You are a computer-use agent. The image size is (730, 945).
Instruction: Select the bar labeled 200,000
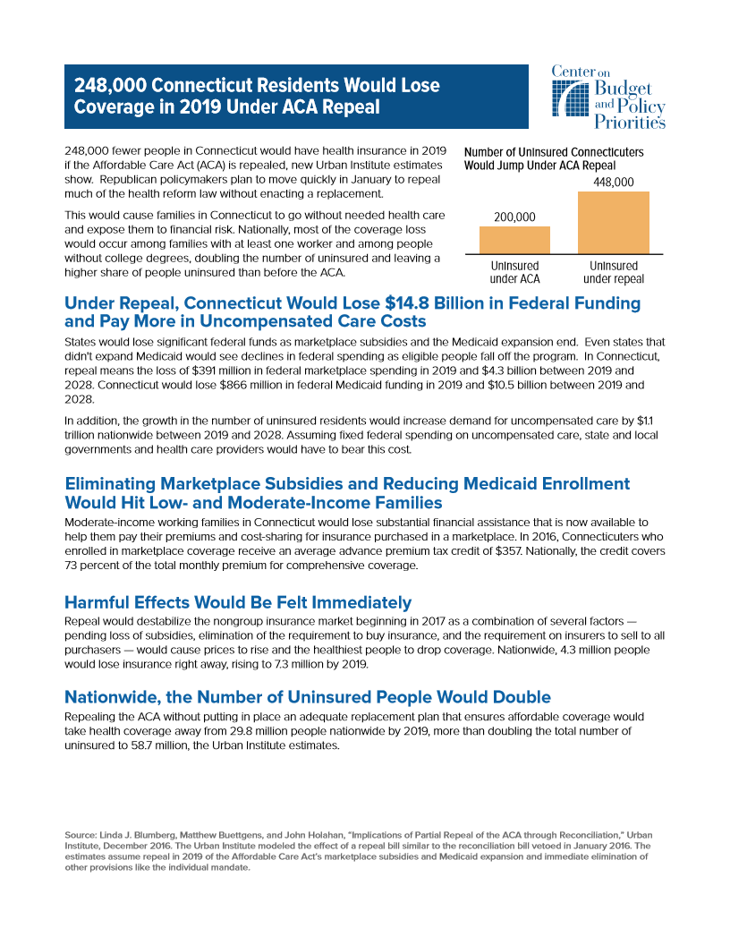click(x=514, y=240)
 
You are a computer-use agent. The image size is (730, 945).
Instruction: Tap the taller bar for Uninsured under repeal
click(x=614, y=224)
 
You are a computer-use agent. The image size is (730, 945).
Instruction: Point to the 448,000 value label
click(x=614, y=183)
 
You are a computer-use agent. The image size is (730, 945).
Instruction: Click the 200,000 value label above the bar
click(x=514, y=217)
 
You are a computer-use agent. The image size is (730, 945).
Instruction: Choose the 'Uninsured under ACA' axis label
click(x=515, y=272)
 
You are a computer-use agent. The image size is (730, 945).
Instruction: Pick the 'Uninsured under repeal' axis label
click(x=614, y=272)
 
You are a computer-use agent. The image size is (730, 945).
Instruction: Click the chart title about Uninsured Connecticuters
click(x=553, y=159)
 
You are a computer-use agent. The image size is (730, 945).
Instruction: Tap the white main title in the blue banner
click(x=257, y=97)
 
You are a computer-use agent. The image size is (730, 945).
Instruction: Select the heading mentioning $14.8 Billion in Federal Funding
click(x=352, y=311)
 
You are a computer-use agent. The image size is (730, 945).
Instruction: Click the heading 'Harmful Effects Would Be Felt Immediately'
click(x=238, y=601)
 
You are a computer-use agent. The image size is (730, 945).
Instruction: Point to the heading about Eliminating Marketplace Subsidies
click(x=347, y=492)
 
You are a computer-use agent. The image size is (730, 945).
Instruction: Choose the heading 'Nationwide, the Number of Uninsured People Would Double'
click(x=308, y=696)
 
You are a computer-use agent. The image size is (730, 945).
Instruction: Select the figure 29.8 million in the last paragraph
click(x=237, y=732)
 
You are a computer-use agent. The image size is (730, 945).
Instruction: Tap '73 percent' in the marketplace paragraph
click(x=92, y=566)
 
